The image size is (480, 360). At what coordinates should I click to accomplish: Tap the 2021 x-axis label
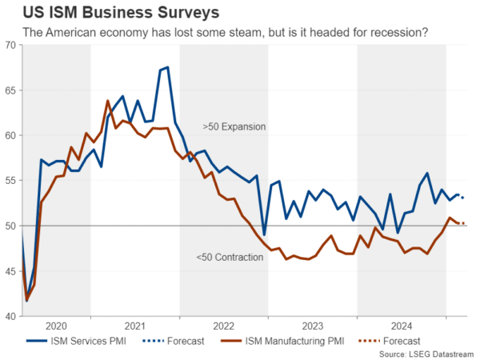[x=134, y=326]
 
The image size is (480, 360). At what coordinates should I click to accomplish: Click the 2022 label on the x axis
[x=223, y=326]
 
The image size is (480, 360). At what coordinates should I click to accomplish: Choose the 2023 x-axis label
[x=312, y=326]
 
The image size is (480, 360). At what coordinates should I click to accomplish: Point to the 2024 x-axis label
[x=401, y=326]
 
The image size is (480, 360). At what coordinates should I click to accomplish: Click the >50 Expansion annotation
[x=234, y=126]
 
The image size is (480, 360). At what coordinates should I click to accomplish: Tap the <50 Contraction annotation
[x=229, y=257]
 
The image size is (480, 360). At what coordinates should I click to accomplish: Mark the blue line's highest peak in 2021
[x=167, y=67]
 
